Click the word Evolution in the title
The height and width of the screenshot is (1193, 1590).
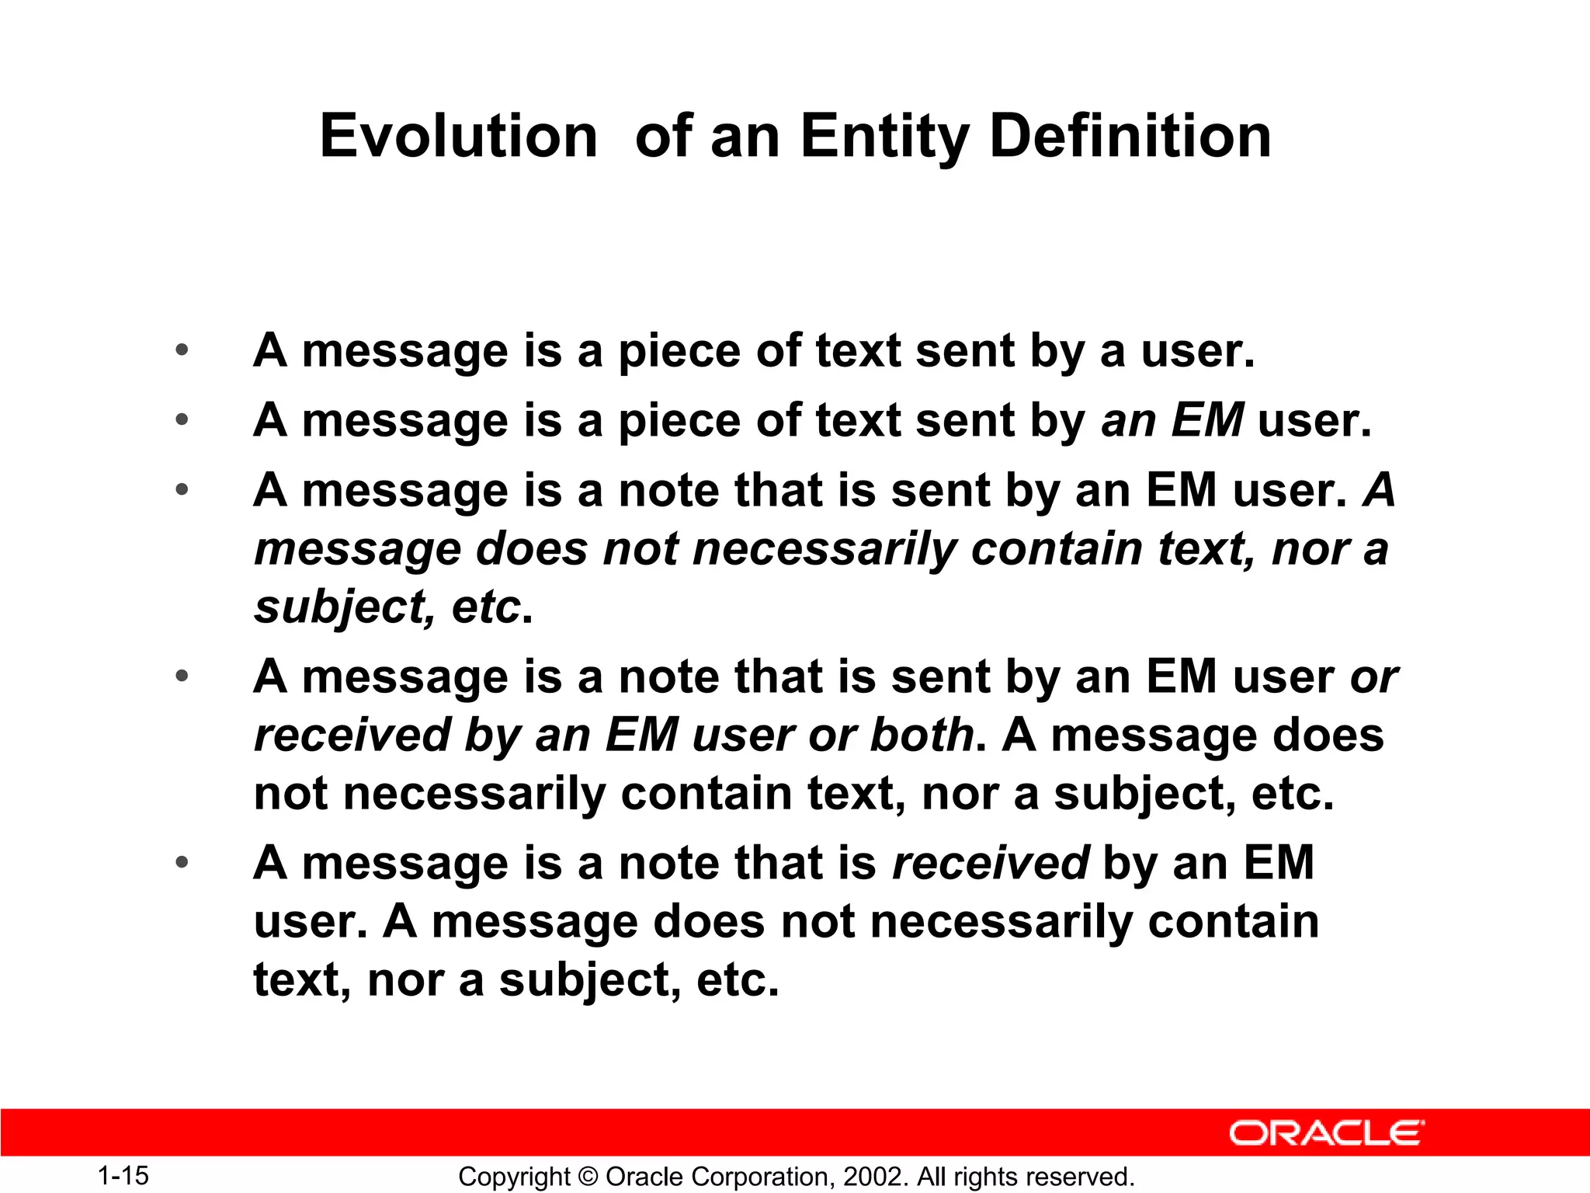pyautogui.click(x=458, y=136)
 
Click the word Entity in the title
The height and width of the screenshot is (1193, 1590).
pyautogui.click(x=884, y=136)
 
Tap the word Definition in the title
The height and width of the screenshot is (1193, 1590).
pyautogui.click(x=1130, y=136)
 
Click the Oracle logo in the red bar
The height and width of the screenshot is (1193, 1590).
pyautogui.click(x=1326, y=1133)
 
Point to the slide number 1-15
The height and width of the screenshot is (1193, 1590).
pyautogui.click(x=123, y=1175)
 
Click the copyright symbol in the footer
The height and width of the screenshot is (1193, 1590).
pyautogui.click(x=588, y=1177)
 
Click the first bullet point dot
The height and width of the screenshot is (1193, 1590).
pyautogui.click(x=182, y=350)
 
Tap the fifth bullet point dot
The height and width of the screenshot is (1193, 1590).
pyautogui.click(x=182, y=862)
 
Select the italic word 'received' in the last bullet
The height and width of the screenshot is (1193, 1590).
pyautogui.click(x=991, y=862)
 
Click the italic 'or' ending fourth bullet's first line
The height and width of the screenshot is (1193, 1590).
pyautogui.click(x=1373, y=677)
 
